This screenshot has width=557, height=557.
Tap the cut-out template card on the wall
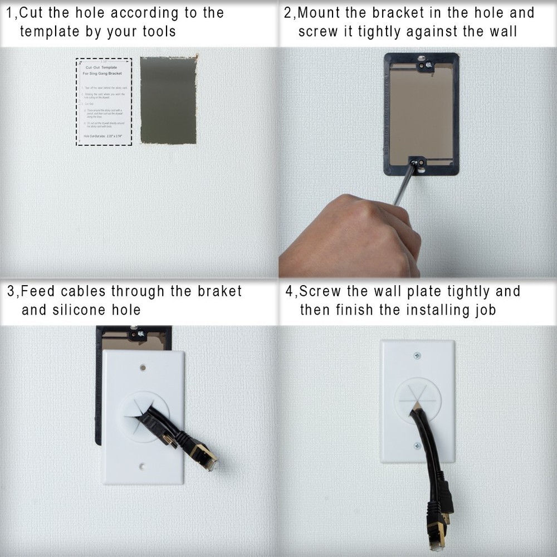coord(104,101)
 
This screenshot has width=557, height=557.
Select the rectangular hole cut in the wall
coord(168,100)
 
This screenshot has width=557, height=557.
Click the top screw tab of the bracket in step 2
coord(422,64)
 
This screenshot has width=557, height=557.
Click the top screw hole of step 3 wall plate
coord(143,368)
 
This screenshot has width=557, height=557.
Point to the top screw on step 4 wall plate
coord(417,355)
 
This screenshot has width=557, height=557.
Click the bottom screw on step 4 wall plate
coord(417,446)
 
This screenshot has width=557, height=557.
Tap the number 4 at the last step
coord(289,291)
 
